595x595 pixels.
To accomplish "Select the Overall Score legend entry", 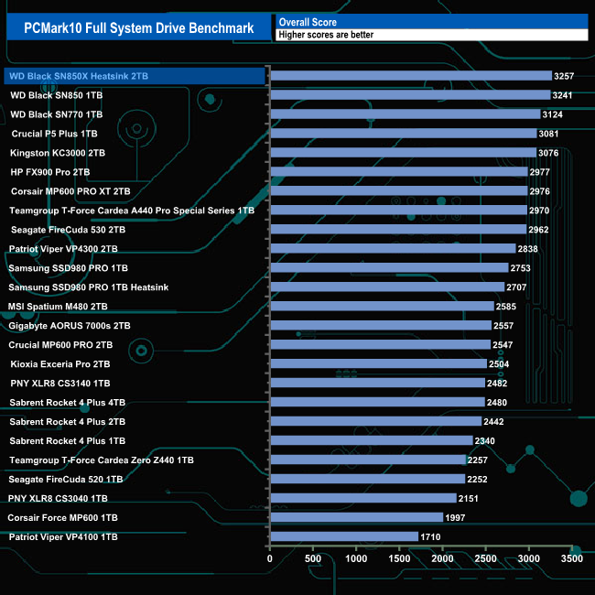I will pos(308,21).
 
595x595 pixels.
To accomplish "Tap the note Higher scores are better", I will pos(326,35).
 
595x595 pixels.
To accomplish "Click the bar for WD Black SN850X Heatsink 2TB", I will pos(411,76).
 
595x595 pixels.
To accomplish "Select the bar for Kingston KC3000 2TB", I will pos(403,153).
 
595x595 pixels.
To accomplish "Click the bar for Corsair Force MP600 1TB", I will pos(356,518).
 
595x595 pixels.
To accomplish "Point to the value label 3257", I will pos(565,76).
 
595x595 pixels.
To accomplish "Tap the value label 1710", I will pos(431,537).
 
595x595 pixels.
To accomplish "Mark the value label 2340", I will pos(486,441).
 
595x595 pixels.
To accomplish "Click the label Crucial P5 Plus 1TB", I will pos(60,134).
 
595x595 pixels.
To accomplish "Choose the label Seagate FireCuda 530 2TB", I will pos(67,230).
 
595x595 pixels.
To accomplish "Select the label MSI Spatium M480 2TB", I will pos(58,307).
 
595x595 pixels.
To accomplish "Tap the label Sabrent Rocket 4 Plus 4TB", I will pos(68,403).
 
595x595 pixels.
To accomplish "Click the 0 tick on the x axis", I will pos(270,557).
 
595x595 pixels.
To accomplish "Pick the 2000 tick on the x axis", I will pos(442,557).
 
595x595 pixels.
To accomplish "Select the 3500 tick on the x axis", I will pos(571,557).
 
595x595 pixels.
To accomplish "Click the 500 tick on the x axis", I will pos(313,557).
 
